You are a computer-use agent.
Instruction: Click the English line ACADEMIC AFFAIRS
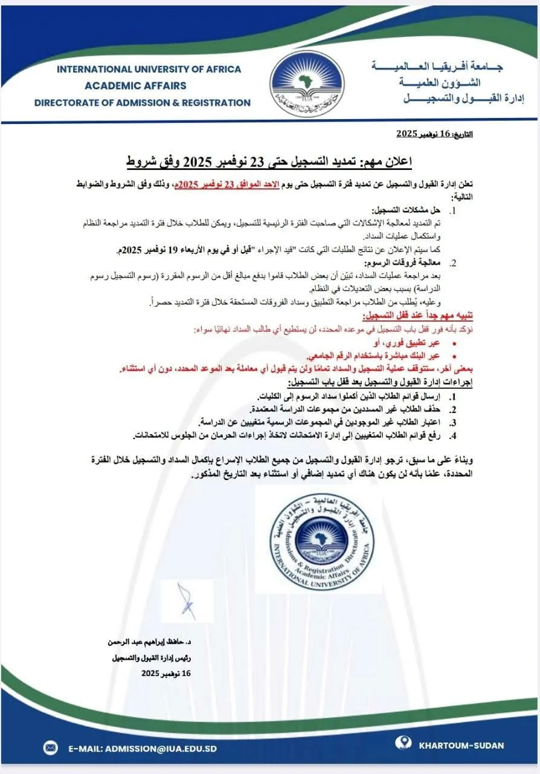click(135, 86)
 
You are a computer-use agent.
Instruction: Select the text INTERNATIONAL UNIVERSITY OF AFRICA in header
click(149, 69)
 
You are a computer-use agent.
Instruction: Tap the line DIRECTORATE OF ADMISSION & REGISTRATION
click(142, 103)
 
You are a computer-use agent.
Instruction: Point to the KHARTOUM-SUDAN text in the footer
click(461, 746)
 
